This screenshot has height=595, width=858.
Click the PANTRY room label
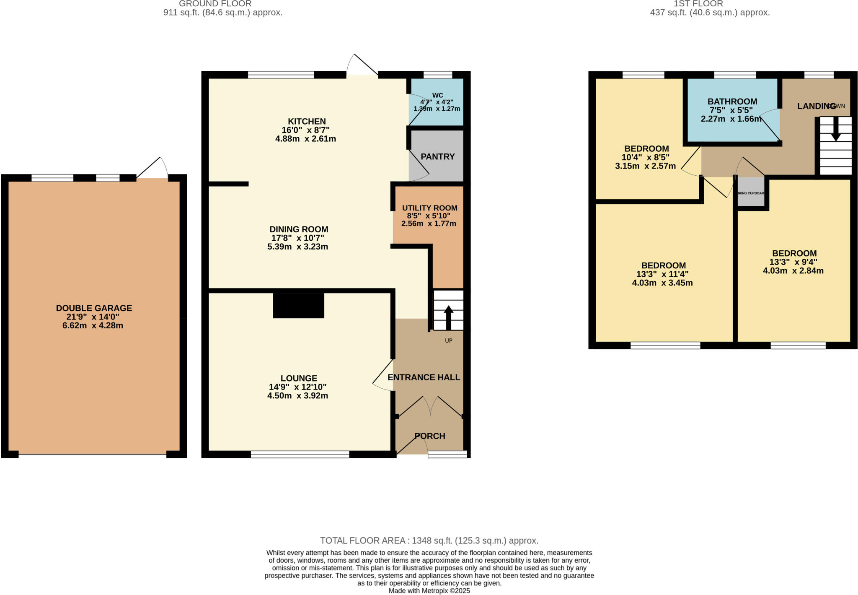pos(437,156)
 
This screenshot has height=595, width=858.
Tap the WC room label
pos(437,95)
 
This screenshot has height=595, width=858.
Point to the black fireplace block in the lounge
pos(298,305)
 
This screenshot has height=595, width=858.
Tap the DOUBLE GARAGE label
pos(94,308)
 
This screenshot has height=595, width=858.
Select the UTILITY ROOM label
pos(429,208)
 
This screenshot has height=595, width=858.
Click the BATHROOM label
pos(732,101)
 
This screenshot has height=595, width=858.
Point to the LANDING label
pos(813,106)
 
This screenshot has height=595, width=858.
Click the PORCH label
pos(429,436)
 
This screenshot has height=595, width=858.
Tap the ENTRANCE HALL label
pos(424,377)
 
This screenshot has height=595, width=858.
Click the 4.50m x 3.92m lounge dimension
pos(297,395)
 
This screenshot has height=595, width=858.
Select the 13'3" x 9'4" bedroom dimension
pos(793,262)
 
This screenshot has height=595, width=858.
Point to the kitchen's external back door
pos(362,67)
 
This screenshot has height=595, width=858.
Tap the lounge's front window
pos(300,454)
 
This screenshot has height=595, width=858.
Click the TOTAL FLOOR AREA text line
pos(429,540)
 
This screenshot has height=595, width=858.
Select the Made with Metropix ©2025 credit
pos(429,591)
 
